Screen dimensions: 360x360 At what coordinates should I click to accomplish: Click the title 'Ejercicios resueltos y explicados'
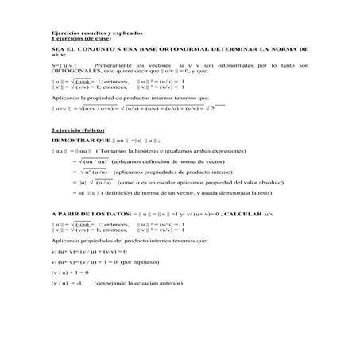coord(96,33)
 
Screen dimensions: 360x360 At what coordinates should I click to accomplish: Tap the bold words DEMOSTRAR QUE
coord(77,139)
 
